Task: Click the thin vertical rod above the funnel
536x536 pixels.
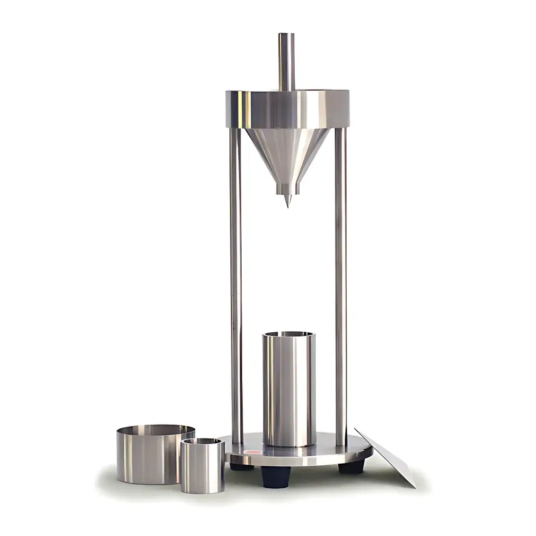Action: point(286,62)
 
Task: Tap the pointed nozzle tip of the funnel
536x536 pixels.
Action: point(287,201)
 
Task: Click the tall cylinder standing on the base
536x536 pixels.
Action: point(288,391)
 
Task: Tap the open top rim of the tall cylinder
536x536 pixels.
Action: point(288,334)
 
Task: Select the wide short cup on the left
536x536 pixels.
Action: point(147,456)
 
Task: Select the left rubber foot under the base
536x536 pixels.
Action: point(241,467)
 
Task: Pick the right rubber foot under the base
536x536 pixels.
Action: point(352,467)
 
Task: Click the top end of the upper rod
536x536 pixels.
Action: point(286,35)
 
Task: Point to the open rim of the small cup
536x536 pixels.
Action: point(202,441)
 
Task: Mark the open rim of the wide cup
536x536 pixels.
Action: point(155,429)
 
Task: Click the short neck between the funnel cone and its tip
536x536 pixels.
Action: point(287,189)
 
